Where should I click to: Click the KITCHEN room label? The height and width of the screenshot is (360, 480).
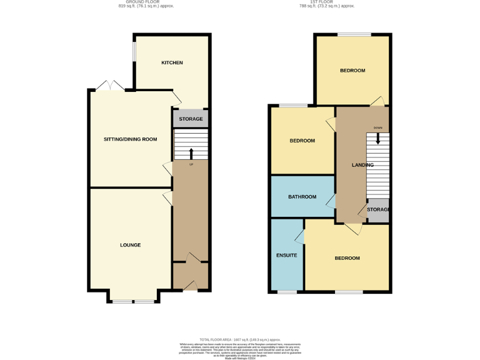coord(172,62)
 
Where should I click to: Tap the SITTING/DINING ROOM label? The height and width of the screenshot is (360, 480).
coord(130,139)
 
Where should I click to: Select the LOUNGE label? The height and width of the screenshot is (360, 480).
coord(131,245)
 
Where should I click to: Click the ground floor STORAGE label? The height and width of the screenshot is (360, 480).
coord(191,119)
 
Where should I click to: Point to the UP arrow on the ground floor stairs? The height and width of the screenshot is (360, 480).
coord(191,154)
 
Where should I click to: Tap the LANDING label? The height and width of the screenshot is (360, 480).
coord(362,165)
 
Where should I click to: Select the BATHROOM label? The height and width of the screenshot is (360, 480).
coord(302,197)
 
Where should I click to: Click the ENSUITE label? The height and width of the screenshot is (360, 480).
coord(287,255)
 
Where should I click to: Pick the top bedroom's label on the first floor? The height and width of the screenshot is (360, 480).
coord(352,71)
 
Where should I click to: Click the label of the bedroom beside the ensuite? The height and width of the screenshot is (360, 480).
coord(347,258)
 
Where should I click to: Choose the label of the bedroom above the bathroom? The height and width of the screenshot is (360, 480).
coord(302,141)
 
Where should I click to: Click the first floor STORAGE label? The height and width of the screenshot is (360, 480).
coord(379,209)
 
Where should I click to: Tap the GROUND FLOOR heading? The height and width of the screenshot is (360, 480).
coord(146,2)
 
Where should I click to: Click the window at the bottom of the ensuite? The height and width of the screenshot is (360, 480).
coord(287,292)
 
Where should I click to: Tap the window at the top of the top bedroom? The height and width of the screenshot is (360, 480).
coord(354,34)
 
